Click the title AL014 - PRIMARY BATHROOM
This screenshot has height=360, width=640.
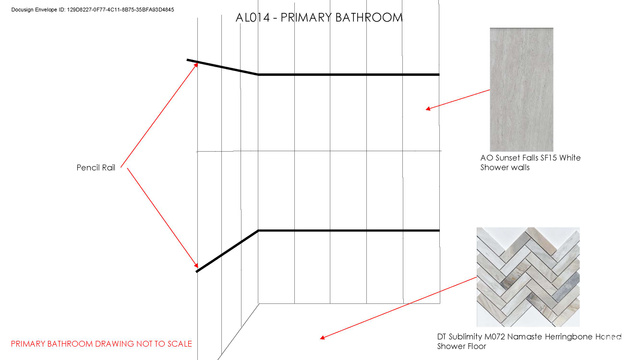click(x=319, y=18)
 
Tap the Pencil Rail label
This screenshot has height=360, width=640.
click(x=96, y=167)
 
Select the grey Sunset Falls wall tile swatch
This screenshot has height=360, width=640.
click(x=522, y=89)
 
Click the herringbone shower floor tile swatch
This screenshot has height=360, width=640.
click(x=528, y=277)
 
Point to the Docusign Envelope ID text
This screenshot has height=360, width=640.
click(x=93, y=9)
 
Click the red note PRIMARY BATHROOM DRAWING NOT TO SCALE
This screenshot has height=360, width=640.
click(x=101, y=344)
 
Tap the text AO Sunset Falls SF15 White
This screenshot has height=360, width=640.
click(x=531, y=158)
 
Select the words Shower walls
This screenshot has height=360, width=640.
click(x=505, y=167)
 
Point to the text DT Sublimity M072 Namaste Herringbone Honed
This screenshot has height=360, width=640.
click(x=529, y=337)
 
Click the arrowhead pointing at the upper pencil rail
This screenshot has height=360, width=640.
click(x=196, y=65)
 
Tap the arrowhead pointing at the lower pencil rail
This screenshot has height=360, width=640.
click(x=196, y=265)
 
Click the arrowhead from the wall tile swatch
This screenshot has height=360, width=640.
click(x=429, y=109)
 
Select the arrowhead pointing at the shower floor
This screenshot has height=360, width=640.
click(x=322, y=338)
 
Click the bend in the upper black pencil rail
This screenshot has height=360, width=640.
click(x=258, y=74)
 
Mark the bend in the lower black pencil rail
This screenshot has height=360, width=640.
click(x=258, y=231)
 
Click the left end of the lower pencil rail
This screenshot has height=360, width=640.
click(x=197, y=271)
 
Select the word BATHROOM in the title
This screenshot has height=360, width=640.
click(x=369, y=18)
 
